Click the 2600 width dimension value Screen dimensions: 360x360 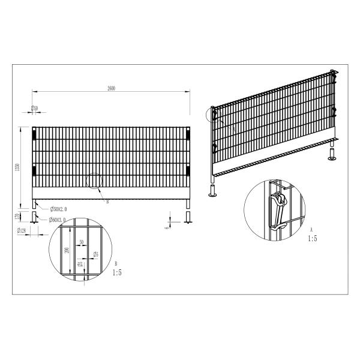coord(111,88)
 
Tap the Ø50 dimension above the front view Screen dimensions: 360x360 coord(35,108)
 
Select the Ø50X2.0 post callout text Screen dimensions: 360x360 coord(59,209)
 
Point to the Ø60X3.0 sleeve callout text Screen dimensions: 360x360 coord(59,220)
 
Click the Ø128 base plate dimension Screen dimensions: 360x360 coord(22,230)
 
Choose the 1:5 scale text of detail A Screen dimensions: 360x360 coord(312,238)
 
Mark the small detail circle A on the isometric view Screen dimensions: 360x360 coord(212,114)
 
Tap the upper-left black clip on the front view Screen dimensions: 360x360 coord(34,134)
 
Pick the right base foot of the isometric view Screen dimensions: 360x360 coord(332,158)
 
